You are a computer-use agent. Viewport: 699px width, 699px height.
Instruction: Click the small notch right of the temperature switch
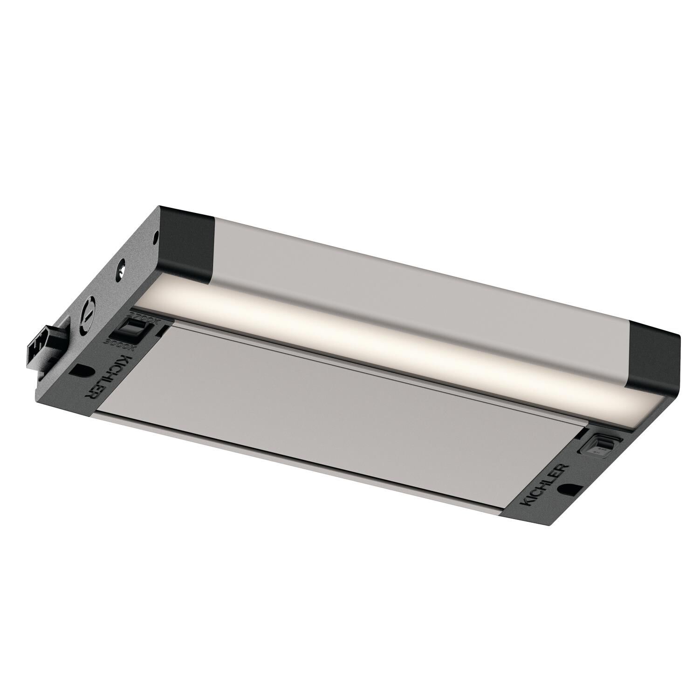tap(160, 331)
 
